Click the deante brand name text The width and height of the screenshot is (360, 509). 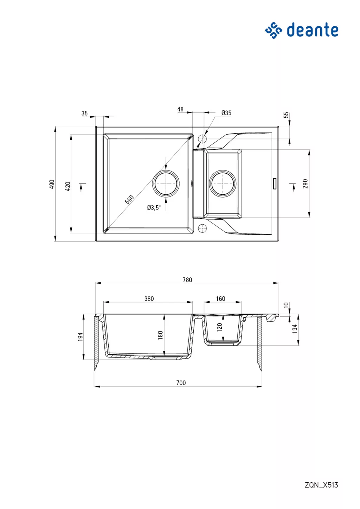click(313, 30)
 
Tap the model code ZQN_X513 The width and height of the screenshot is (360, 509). click(321, 485)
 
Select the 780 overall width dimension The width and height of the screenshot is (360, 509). click(187, 280)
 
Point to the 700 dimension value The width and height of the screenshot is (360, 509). click(181, 383)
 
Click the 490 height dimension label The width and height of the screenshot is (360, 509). click(52, 184)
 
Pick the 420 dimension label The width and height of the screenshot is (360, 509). click(68, 186)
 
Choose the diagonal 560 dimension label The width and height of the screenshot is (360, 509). click(129, 200)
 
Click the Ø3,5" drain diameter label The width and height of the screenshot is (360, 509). click(154, 207)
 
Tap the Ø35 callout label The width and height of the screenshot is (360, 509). click(226, 113)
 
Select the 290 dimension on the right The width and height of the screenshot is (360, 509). click(305, 184)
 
